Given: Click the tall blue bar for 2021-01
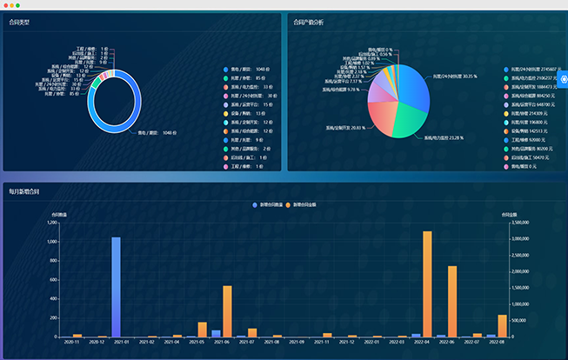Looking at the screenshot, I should click(116, 287).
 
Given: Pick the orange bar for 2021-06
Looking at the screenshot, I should click(228, 311).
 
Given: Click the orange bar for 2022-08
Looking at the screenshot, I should click(503, 325).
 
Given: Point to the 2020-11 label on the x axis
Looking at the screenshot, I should click(72, 343).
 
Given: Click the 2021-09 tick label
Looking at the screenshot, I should click(296, 343).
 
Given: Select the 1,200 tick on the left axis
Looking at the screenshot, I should click(52, 223).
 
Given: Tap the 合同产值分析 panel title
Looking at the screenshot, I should click(309, 23).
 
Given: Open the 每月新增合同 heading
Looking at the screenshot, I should click(24, 190).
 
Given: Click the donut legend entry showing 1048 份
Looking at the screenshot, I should click(252, 70).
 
